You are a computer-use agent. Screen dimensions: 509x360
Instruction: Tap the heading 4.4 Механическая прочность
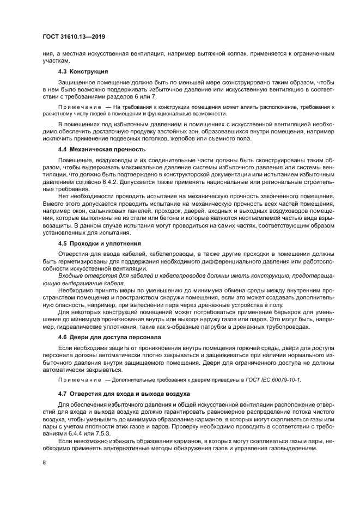click(94, 149)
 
